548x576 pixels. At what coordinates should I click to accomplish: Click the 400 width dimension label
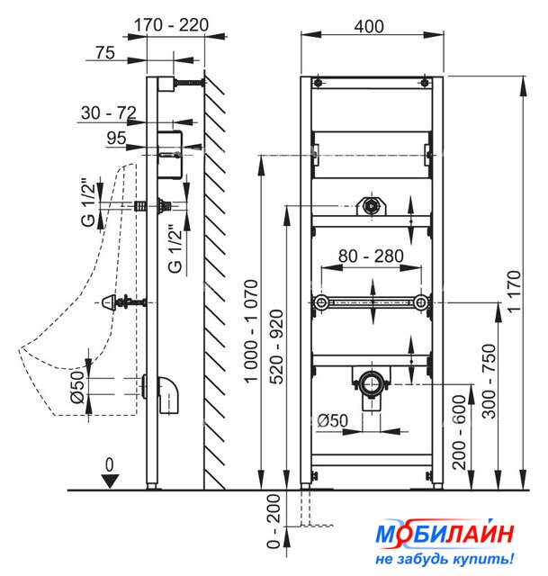369,26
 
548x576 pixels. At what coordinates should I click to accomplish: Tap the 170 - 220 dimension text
171,25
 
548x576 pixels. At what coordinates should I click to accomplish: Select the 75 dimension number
105,52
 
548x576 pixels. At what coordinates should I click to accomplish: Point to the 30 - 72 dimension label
109,112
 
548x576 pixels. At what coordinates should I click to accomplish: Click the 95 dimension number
116,138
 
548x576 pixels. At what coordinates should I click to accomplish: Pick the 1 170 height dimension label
514,292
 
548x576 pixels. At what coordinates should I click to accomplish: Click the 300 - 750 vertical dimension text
489,381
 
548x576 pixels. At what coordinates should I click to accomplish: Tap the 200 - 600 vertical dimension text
459,432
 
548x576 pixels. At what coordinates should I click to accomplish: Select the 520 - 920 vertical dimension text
277,346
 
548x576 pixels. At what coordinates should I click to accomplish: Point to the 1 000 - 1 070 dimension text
252,331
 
